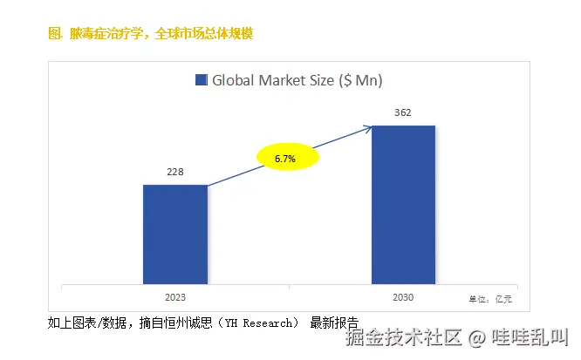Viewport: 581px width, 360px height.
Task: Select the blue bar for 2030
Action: pos(403,205)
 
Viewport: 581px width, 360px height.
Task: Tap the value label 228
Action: pos(175,173)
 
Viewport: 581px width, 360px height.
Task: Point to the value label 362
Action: pos(403,113)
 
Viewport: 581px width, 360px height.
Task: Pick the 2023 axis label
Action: pos(175,297)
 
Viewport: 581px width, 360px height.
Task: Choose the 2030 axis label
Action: pos(403,297)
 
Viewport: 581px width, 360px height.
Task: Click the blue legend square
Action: pos(201,80)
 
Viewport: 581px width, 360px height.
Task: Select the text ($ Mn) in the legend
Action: pos(359,80)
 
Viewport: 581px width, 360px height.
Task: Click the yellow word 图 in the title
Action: pos(52,33)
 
